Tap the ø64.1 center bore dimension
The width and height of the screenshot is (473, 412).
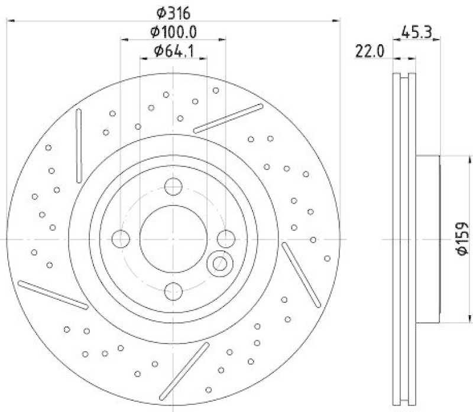[173, 51]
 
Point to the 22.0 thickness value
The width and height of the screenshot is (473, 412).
[370, 51]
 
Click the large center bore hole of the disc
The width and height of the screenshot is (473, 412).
[173, 239]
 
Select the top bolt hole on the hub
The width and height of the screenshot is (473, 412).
[173, 187]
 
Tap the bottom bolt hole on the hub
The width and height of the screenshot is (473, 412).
[173, 290]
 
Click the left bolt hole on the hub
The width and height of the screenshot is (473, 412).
[121, 239]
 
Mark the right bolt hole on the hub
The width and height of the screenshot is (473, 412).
[225, 239]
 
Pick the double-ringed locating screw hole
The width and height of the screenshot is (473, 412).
[219, 263]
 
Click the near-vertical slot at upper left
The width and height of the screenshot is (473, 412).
[78, 146]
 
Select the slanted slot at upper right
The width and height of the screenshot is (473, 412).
[228, 118]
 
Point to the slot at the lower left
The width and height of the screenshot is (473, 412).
[53, 295]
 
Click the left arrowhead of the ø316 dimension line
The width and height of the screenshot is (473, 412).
[8, 21]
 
